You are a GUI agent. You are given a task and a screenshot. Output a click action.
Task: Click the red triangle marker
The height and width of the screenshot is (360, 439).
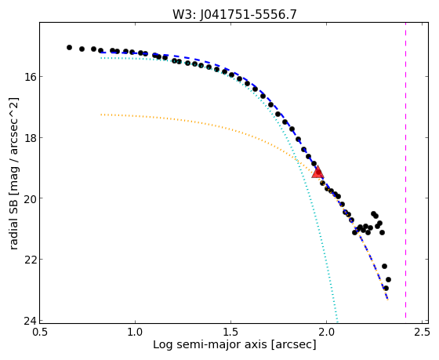coord(317,172)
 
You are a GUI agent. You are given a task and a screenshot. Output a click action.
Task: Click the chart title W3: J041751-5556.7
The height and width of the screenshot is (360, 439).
coord(234,15)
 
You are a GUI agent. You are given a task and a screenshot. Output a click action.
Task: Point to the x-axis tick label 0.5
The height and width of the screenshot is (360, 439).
coord(40,332)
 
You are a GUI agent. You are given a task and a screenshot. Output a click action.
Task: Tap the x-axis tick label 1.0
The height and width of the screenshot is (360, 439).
coord(135,332)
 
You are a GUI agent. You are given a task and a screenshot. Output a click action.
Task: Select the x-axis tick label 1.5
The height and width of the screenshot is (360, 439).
coord(230,332)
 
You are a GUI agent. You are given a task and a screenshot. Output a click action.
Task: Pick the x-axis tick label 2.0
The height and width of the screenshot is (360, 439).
coord(326,332)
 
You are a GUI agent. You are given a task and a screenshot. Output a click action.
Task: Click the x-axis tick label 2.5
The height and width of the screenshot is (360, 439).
coord(422,332)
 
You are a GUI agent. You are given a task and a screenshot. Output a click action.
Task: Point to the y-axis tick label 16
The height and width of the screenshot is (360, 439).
coord(29,77)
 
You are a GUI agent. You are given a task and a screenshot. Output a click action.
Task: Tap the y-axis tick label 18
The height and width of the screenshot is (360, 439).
coord(29,137)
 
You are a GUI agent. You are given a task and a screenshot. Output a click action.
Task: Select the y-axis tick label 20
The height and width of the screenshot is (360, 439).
coord(29,198)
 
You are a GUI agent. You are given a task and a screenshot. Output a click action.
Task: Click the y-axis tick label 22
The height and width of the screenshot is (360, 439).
coord(29,260)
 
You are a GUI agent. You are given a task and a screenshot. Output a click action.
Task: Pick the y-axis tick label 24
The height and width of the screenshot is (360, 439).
coord(29,321)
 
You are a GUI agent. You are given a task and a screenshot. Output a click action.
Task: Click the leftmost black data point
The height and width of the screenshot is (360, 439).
coord(69,47)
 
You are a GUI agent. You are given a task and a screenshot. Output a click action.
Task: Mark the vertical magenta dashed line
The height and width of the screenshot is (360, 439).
coord(405,170)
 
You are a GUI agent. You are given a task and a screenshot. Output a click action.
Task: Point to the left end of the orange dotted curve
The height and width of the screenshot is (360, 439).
coord(101,115)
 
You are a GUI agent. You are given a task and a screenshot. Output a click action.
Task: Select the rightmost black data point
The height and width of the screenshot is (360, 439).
coord(388,279)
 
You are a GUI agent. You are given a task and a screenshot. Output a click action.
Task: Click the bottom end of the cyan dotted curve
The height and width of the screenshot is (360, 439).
coord(337,322)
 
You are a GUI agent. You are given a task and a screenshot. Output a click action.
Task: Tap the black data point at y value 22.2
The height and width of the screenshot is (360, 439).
coord(384,266)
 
